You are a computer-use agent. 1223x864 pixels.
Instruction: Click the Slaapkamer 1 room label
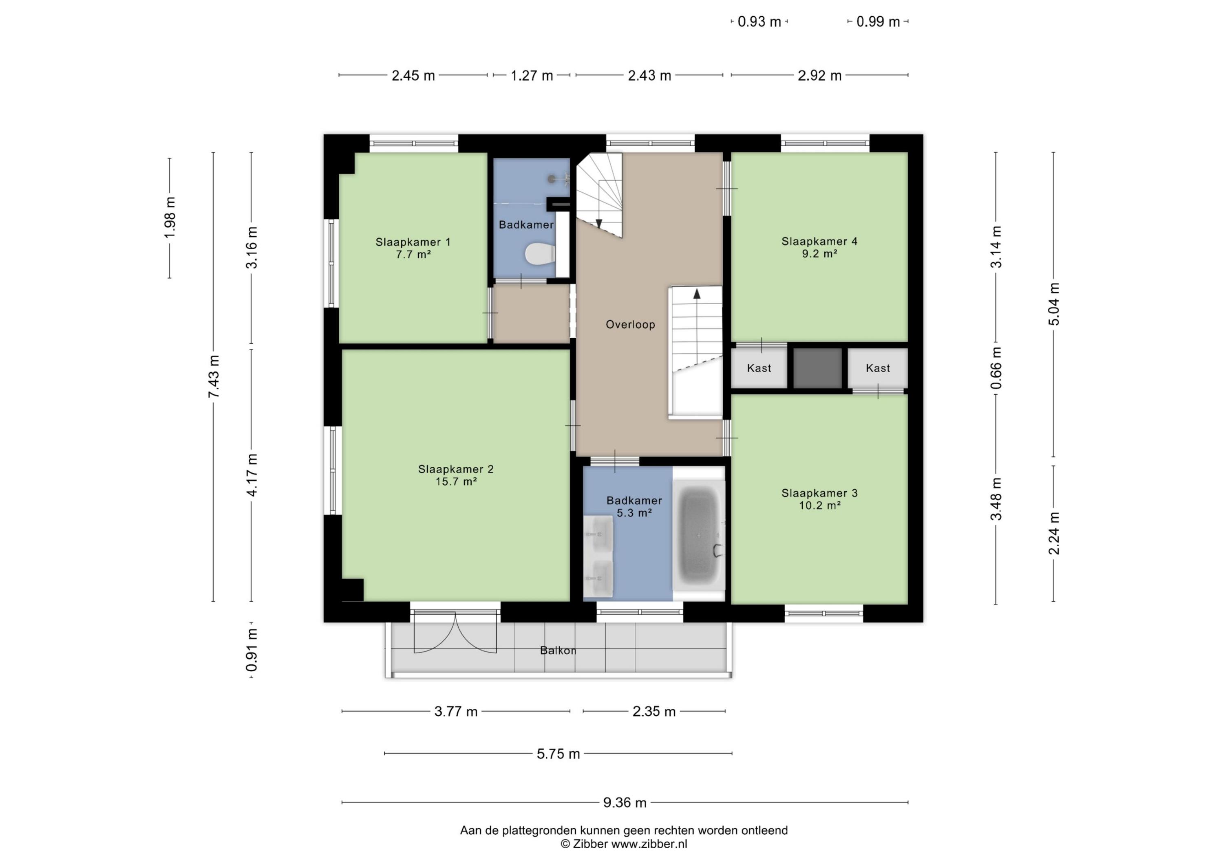click(413, 242)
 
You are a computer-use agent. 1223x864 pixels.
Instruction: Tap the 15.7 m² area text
click(455, 482)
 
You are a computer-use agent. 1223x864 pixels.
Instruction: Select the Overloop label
click(630, 325)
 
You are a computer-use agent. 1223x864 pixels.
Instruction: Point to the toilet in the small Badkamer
click(540, 253)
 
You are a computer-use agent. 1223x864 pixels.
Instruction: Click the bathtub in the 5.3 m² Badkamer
click(698, 534)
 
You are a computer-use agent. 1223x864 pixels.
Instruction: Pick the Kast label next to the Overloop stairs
click(759, 368)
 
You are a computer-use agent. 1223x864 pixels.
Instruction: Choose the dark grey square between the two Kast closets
click(818, 368)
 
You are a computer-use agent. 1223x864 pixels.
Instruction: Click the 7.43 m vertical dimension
click(214, 377)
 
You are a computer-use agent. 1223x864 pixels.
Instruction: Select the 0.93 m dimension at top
click(759, 22)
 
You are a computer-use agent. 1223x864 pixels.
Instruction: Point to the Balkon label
click(558, 651)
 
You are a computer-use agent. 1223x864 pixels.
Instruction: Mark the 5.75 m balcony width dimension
click(558, 754)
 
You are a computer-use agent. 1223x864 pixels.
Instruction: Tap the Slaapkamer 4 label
click(819, 241)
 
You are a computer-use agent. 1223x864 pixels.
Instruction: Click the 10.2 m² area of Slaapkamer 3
click(820, 505)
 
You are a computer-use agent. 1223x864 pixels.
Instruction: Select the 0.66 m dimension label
click(996, 368)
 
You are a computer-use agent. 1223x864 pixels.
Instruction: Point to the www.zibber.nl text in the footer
click(649, 844)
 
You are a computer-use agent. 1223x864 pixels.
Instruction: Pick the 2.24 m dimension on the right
click(1053, 533)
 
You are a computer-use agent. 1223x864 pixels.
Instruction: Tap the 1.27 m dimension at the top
click(532, 76)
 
